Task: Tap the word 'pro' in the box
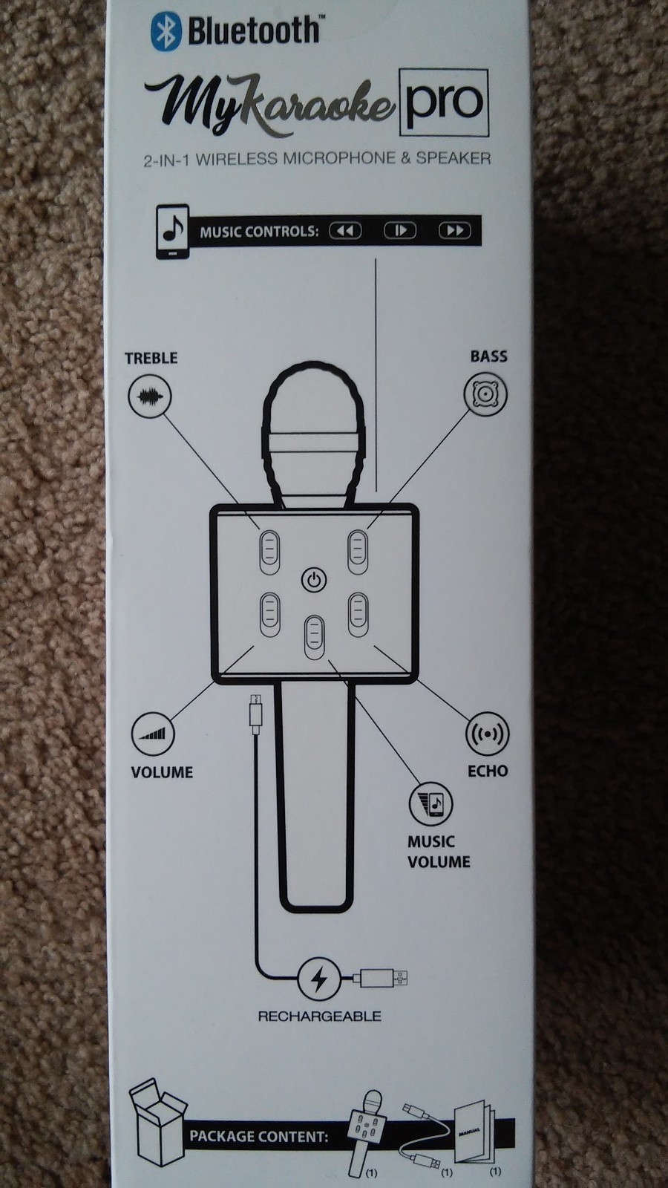(444, 102)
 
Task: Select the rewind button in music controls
(345, 231)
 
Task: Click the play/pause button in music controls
(400, 231)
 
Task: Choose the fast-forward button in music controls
(454, 231)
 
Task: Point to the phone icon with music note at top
(172, 232)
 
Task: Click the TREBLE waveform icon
(150, 396)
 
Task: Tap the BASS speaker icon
(486, 394)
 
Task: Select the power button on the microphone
(314, 580)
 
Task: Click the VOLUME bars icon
(153, 734)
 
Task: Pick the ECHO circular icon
(487, 734)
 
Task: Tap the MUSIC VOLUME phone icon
(430, 803)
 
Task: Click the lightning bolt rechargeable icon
(319, 979)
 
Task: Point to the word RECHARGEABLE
(319, 1016)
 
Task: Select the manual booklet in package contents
(473, 1133)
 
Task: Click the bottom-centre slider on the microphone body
(315, 637)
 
